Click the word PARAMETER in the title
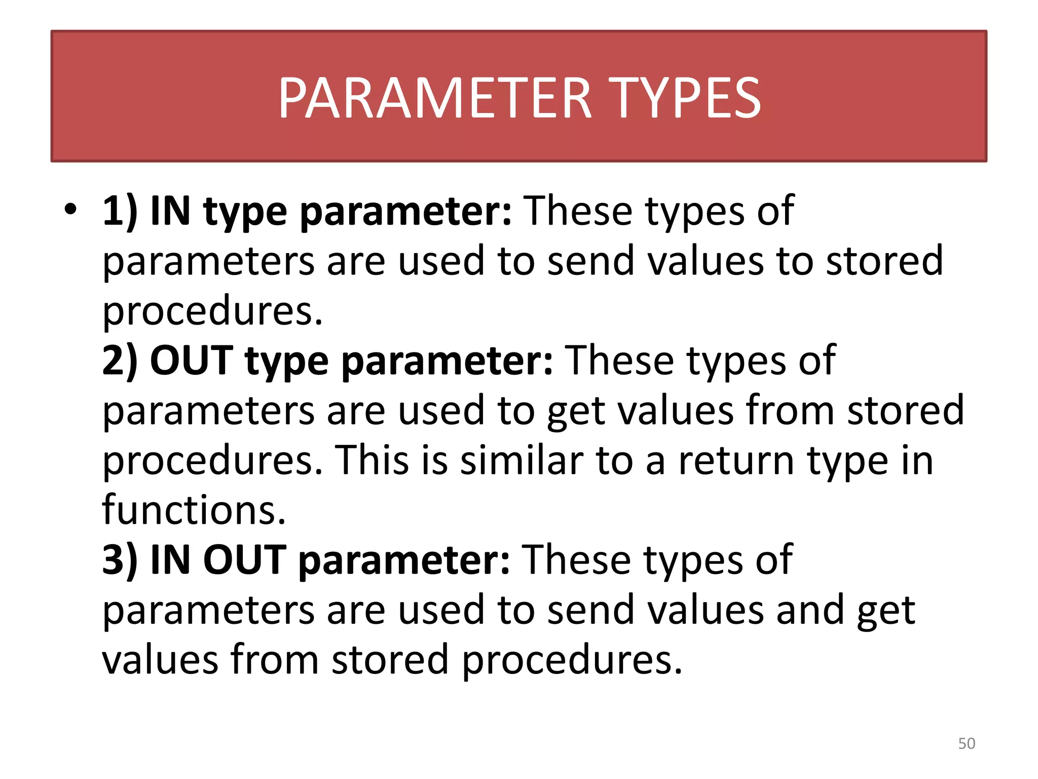[x=435, y=98]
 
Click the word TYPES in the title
[x=687, y=98]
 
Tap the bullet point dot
[x=70, y=209]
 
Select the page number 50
[x=967, y=743]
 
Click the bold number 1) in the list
[x=120, y=211]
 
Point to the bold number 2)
[x=120, y=360]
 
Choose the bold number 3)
[x=120, y=560]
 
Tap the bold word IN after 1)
[x=170, y=211]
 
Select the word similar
[x=522, y=461]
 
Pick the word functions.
[x=194, y=510]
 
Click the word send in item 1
[x=591, y=261]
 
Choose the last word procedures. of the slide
[x=573, y=660]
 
